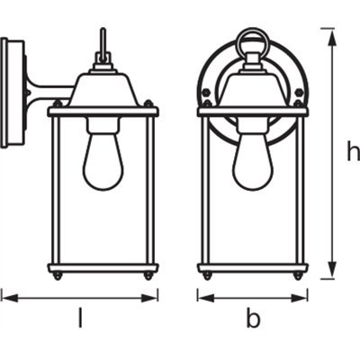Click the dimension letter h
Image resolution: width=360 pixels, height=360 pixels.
pos(352,152)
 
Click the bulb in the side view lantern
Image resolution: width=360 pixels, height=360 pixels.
pos(103,160)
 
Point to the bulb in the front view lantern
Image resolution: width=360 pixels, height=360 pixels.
pos(253,160)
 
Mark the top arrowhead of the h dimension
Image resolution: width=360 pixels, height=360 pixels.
pos(333,31)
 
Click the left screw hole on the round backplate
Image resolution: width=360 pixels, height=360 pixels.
pos(210,92)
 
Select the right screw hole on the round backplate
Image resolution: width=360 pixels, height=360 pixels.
pos(296,92)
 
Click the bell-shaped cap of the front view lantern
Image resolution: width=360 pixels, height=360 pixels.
pos(253,90)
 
